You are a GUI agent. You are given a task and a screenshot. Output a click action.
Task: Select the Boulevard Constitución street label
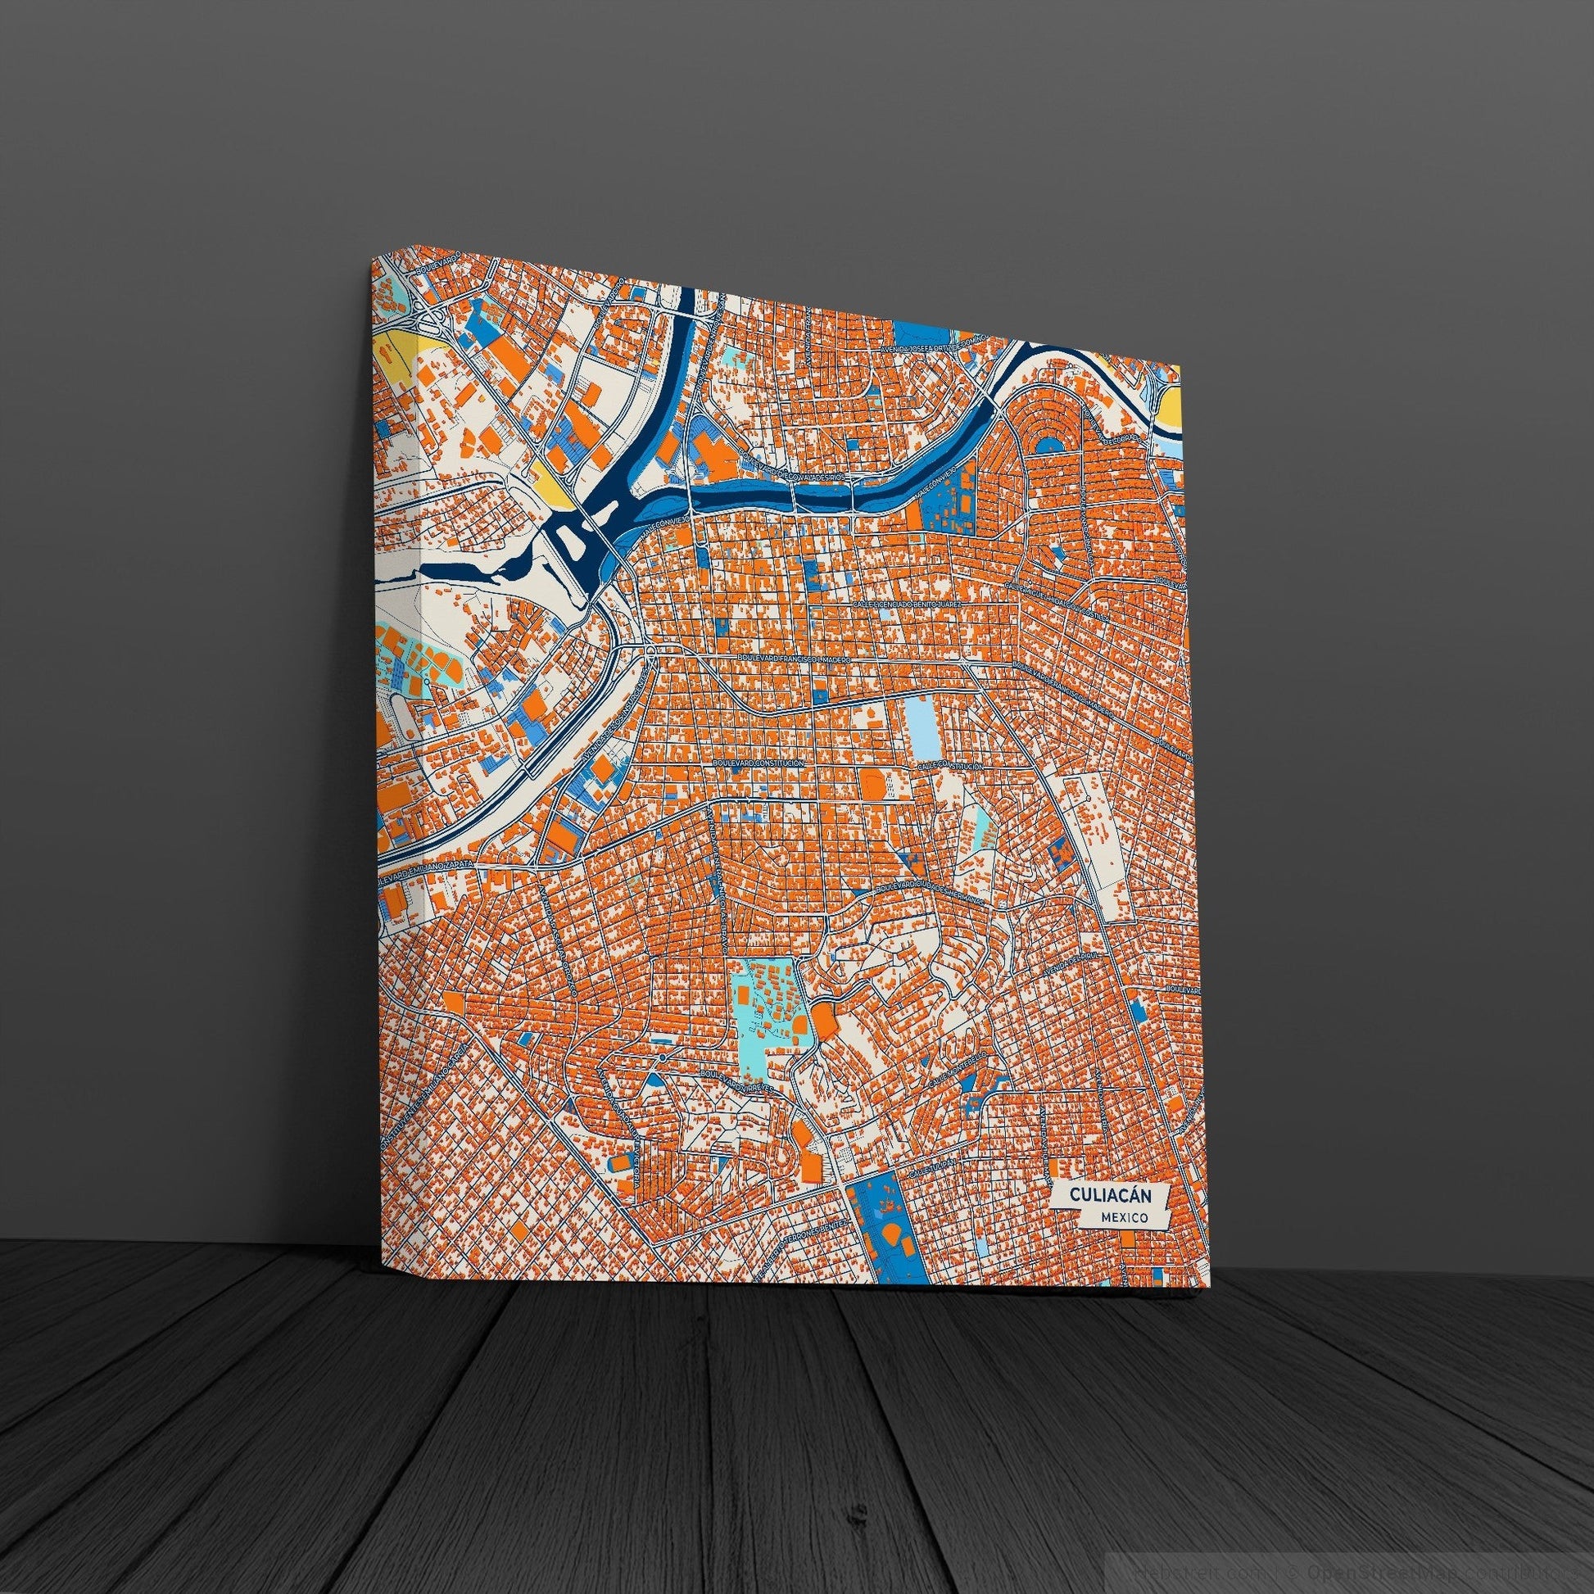coord(760,765)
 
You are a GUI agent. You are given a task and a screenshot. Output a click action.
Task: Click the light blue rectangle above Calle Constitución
coord(920,718)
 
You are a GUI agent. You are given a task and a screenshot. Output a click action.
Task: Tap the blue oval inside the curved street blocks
coord(1050,445)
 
